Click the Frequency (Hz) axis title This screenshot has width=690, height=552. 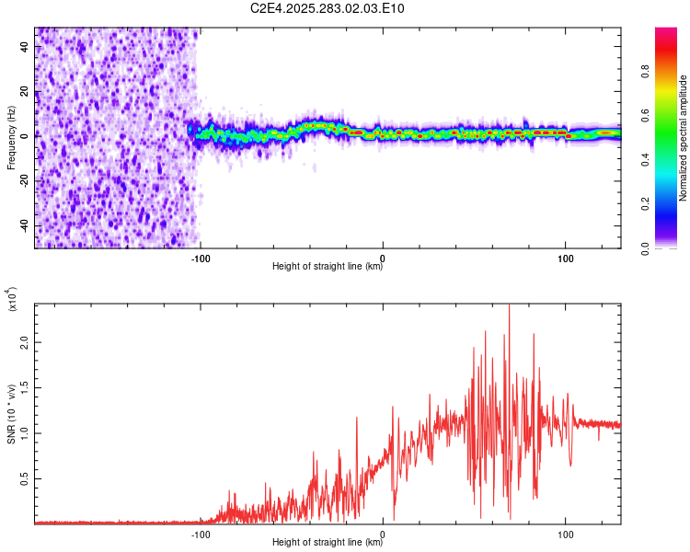point(11,138)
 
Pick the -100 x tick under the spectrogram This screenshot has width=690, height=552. point(201,258)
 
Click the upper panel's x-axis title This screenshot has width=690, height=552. point(328,267)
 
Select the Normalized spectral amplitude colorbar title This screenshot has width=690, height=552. point(684,138)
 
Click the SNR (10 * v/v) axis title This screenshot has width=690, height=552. point(11,414)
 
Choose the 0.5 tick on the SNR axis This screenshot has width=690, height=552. point(25,479)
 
